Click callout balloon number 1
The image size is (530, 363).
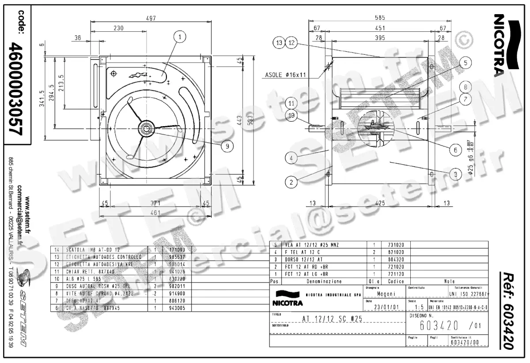click(180, 37)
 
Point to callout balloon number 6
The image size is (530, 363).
click(453, 150)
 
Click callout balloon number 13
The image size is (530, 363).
click(279, 43)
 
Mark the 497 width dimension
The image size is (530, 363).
click(151, 18)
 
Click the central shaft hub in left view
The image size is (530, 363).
click(146, 128)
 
